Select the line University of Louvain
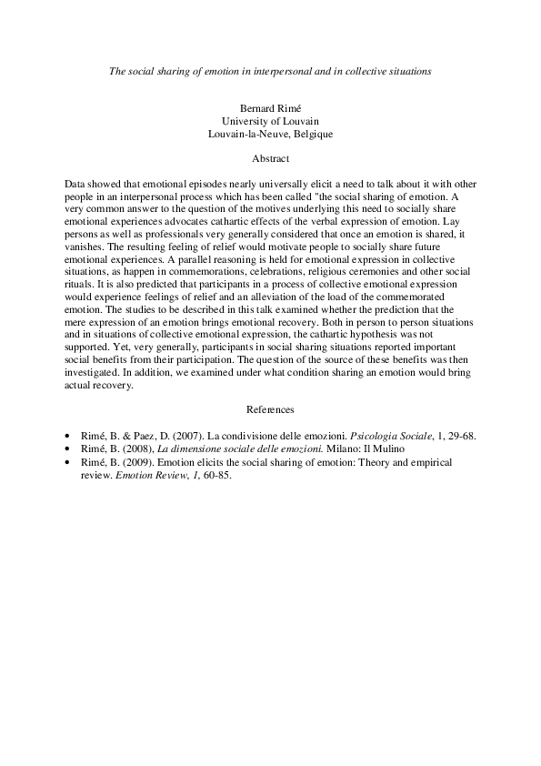pos(270,121)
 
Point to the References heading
pos(270,410)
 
